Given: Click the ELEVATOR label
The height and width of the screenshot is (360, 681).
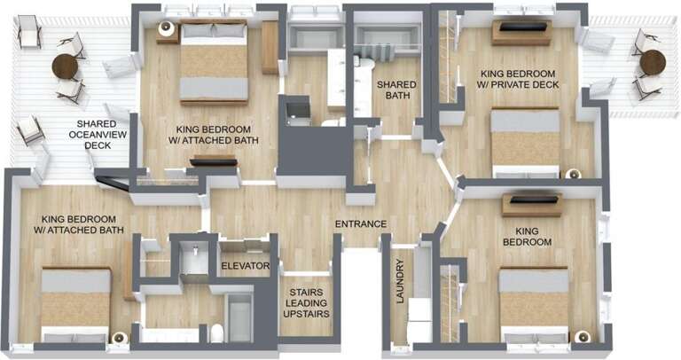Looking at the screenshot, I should (245, 265).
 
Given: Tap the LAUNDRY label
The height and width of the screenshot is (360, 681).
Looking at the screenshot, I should (401, 282).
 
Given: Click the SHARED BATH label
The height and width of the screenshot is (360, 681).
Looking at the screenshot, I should (396, 90).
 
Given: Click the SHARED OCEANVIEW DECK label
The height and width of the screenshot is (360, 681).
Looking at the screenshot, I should (98, 134).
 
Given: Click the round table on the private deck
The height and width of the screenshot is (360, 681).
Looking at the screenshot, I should (653, 62).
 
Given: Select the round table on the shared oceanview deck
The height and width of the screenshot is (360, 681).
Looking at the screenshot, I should (66, 66).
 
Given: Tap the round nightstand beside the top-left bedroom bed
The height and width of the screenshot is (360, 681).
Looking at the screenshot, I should (166, 28).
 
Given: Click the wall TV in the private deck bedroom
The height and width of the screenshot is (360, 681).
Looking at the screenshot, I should (522, 28).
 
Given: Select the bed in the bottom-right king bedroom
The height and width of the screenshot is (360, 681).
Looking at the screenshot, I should (533, 302).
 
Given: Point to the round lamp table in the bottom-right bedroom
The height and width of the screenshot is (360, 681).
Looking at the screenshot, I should (582, 336).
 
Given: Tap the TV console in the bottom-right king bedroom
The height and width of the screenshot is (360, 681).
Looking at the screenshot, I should (532, 205).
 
